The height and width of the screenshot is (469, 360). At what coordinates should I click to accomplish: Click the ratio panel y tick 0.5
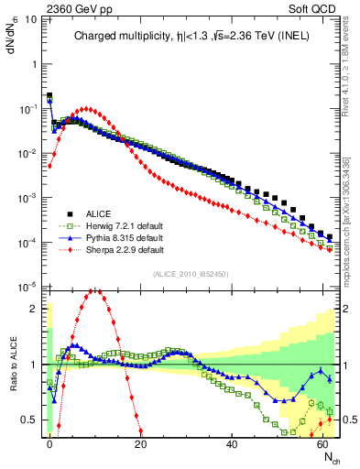[32, 420]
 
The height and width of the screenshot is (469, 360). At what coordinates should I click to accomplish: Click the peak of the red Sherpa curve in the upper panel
[85, 108]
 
